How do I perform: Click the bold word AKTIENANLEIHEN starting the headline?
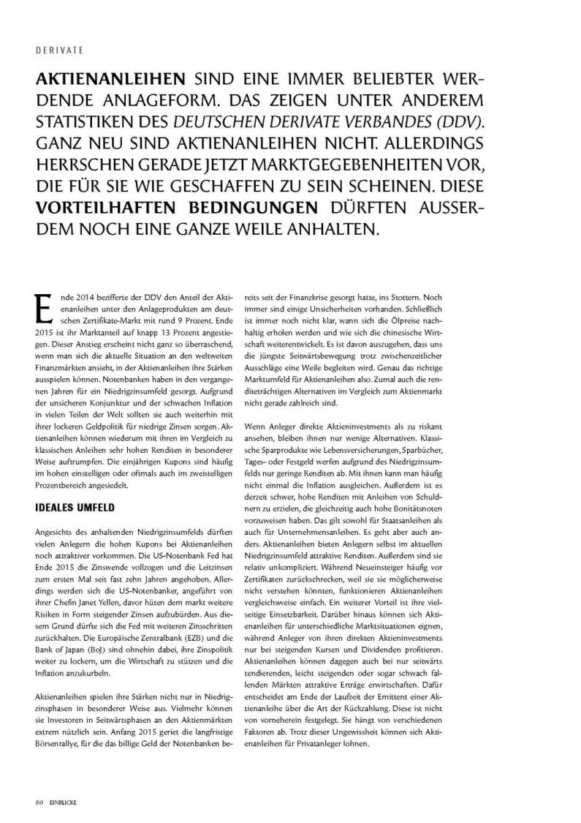111,79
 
